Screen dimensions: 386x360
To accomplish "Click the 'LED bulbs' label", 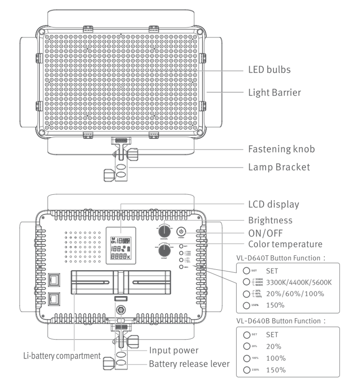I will [269, 70].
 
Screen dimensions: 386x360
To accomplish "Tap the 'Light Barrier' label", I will [274, 92].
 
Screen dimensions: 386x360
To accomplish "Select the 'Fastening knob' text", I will [281, 149].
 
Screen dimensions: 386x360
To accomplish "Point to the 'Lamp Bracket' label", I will [279, 167].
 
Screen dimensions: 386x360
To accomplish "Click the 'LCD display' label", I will [274, 204].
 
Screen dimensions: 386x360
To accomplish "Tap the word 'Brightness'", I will [270, 220].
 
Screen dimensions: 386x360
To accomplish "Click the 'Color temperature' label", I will [285, 244].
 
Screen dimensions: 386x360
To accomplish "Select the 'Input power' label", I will [174, 351].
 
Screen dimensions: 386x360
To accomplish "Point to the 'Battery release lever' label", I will [189, 364].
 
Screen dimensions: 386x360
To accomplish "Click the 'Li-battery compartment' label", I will [62, 356].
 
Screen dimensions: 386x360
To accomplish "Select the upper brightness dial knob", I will [163, 231].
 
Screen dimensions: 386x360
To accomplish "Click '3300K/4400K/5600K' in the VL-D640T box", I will [299, 282].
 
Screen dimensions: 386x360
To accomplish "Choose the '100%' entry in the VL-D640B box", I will [276, 358].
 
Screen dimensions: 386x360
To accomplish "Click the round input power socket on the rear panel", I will [120, 310].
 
